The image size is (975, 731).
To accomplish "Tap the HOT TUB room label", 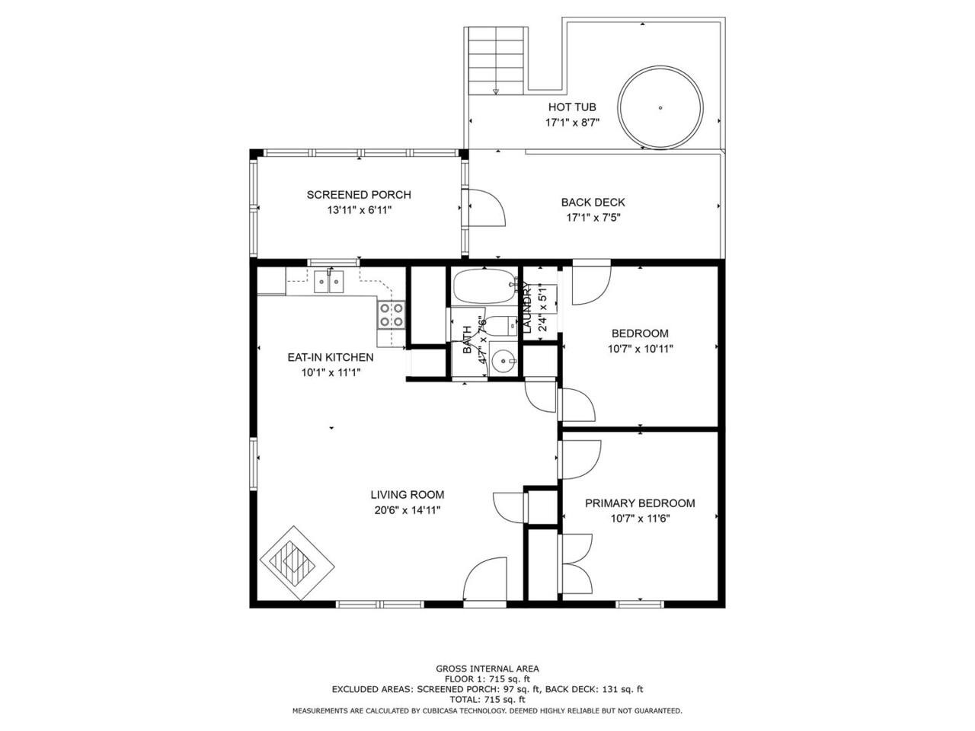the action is (572, 107).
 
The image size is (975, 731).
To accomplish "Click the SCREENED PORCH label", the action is (359, 195).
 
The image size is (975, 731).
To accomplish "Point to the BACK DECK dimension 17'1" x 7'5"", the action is (593, 218).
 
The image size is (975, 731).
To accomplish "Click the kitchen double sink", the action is (329, 282).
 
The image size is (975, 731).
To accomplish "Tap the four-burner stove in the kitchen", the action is (392, 314).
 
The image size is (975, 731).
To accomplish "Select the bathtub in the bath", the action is (484, 286).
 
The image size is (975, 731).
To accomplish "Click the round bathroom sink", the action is (503, 360).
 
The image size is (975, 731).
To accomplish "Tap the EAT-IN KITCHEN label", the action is (331, 357).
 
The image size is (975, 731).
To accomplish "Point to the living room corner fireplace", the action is (297, 563).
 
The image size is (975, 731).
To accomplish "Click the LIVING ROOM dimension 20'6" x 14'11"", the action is (408, 510).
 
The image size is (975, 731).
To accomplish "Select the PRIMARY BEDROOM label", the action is (640, 503).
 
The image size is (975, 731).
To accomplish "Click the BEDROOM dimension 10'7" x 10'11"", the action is (640, 350).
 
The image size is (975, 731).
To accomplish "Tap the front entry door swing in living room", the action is (484, 578).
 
